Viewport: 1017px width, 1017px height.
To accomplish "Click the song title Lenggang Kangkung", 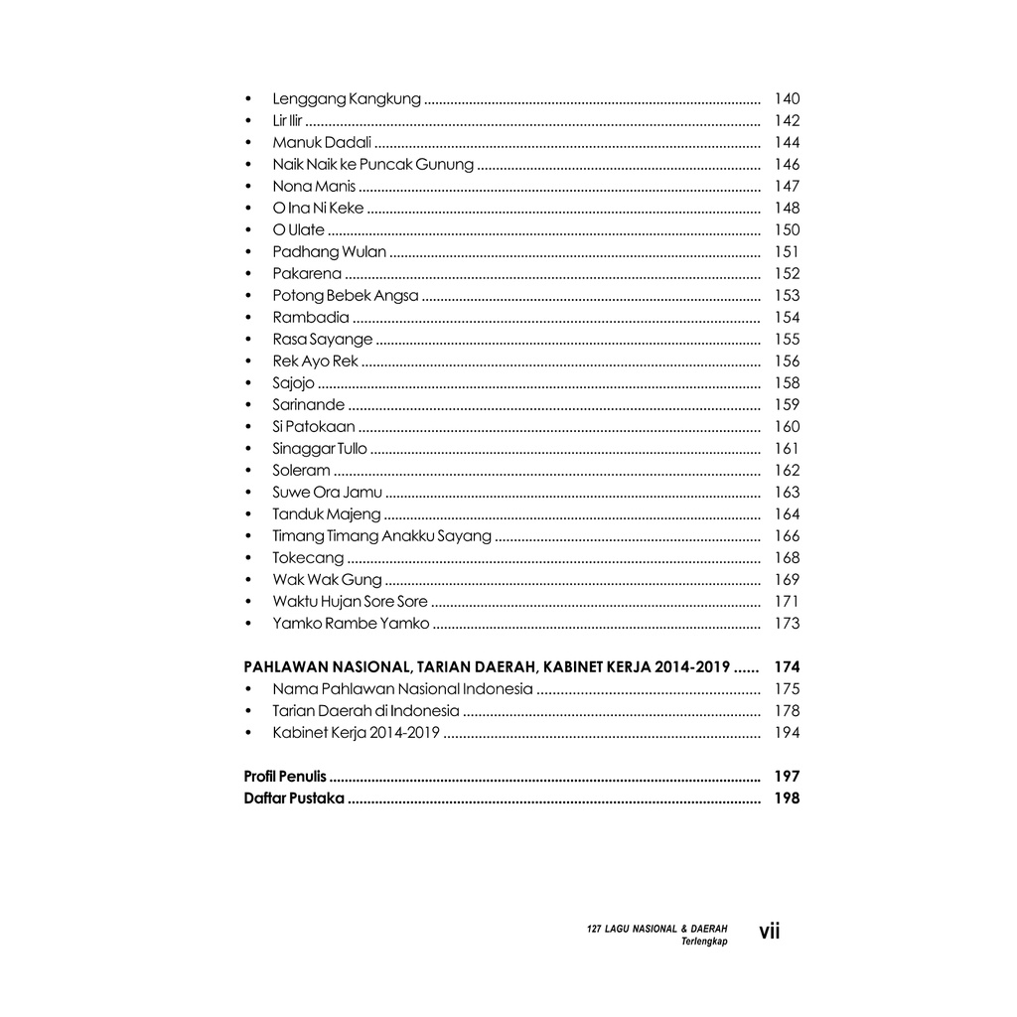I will (x=347, y=98).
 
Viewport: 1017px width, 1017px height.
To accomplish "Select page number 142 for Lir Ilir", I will (x=787, y=120).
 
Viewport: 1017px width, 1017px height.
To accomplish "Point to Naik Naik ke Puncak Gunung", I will (x=372, y=164).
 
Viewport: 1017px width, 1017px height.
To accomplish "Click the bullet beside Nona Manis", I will (x=247, y=187).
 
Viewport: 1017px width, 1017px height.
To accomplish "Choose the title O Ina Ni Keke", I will (x=318, y=208).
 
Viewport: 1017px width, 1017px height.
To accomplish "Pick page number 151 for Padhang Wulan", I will (x=787, y=251).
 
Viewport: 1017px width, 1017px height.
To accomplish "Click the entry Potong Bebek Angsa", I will (x=346, y=295).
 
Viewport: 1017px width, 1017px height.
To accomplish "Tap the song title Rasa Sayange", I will (x=323, y=339).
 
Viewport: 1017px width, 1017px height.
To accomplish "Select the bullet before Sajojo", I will (x=247, y=383).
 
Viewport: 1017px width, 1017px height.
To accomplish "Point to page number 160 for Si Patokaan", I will (x=787, y=426).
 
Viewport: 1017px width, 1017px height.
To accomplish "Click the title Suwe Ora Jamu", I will (x=327, y=492).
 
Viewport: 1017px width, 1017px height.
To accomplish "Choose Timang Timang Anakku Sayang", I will (x=381, y=535).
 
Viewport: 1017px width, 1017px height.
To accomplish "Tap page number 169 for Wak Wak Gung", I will (x=787, y=579).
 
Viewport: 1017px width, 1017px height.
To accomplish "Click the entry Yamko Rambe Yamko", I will (x=351, y=623).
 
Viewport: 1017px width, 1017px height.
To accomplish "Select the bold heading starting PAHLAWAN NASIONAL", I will (x=487, y=666).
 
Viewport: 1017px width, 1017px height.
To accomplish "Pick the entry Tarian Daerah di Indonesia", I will (x=365, y=710).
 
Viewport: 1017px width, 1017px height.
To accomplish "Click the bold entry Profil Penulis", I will (x=285, y=776).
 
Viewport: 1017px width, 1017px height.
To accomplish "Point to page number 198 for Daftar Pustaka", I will (x=787, y=798).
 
